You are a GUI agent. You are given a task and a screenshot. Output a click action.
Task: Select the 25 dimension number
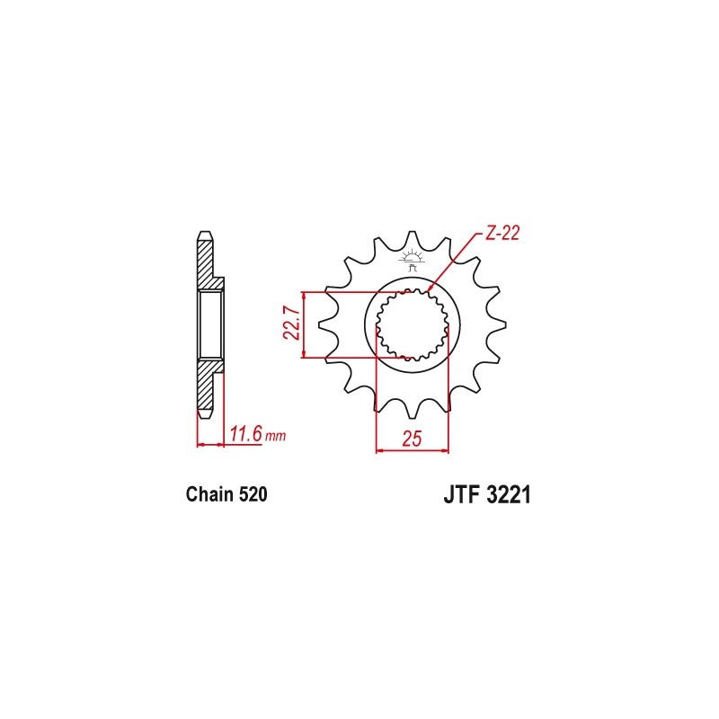click(413, 439)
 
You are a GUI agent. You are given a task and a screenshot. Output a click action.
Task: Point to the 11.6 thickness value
click(244, 435)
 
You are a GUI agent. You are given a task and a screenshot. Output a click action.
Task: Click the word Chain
click(209, 494)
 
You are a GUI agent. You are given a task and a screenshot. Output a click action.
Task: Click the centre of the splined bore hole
click(413, 325)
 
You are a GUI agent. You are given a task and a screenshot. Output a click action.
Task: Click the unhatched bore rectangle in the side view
click(209, 324)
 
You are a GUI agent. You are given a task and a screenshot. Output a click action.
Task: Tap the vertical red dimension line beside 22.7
click(306, 325)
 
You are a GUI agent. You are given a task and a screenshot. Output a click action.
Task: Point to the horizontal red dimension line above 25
click(413, 450)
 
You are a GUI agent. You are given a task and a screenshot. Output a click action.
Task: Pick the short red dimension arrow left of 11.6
click(209, 444)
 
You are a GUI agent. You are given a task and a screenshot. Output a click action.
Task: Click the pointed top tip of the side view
click(204, 235)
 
